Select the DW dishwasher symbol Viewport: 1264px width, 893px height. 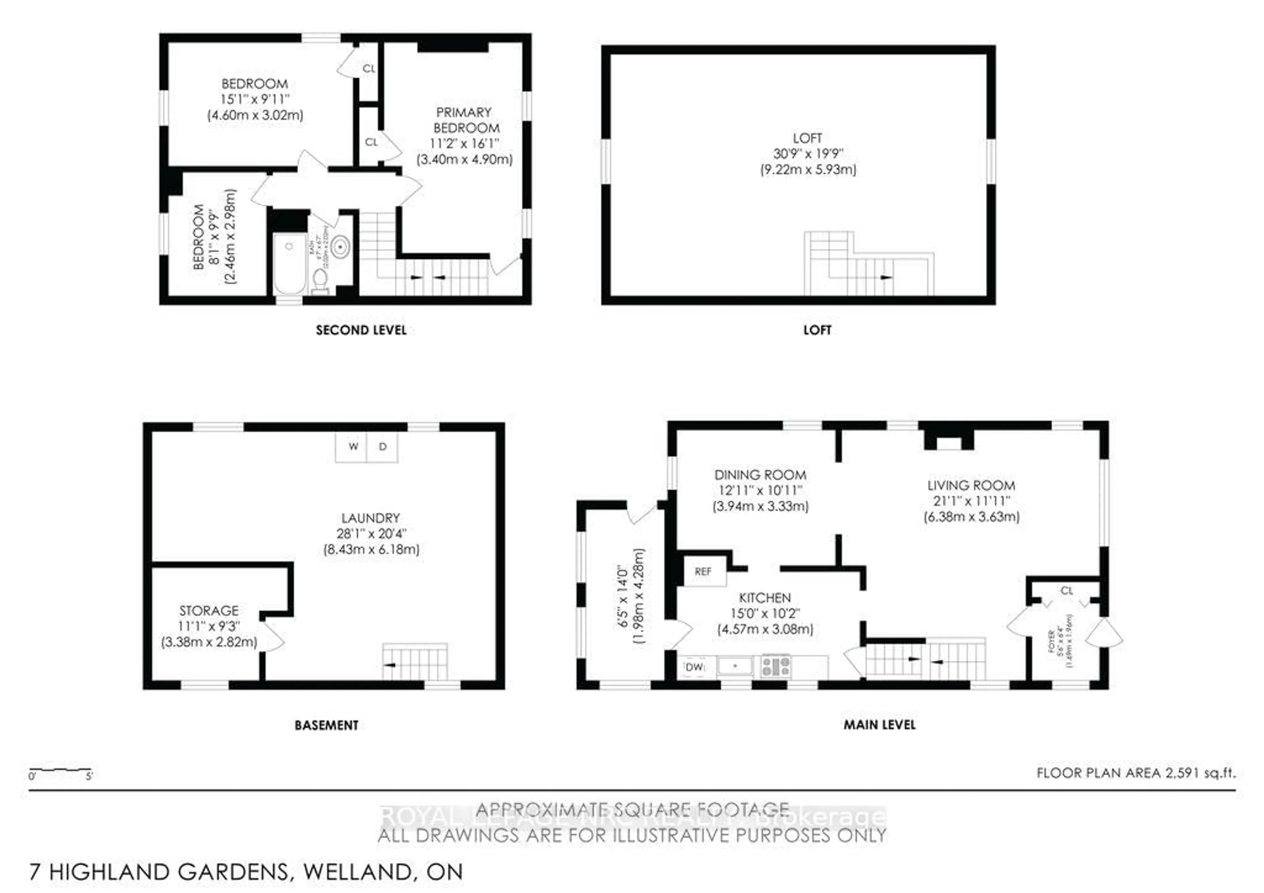click(x=695, y=667)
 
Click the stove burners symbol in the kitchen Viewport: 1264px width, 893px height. click(x=776, y=666)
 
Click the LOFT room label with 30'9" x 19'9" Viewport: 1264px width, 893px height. click(x=808, y=154)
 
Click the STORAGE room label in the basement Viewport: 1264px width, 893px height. click(x=209, y=611)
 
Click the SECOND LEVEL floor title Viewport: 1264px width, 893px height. click(x=361, y=330)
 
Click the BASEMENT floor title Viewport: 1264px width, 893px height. click(x=327, y=725)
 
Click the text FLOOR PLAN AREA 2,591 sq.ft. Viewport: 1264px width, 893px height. click(x=1136, y=773)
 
